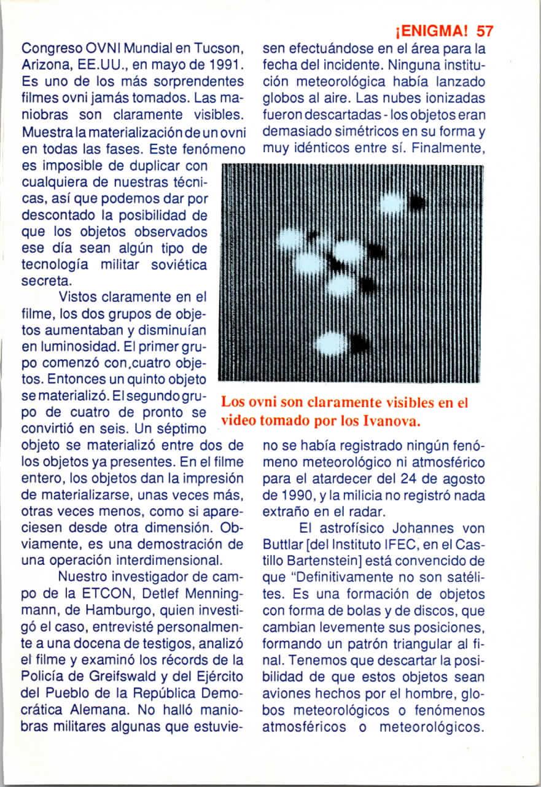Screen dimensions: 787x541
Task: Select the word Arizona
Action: [44, 64]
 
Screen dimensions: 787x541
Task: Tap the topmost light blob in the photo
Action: [391, 202]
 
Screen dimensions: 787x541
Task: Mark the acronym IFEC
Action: [386, 545]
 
